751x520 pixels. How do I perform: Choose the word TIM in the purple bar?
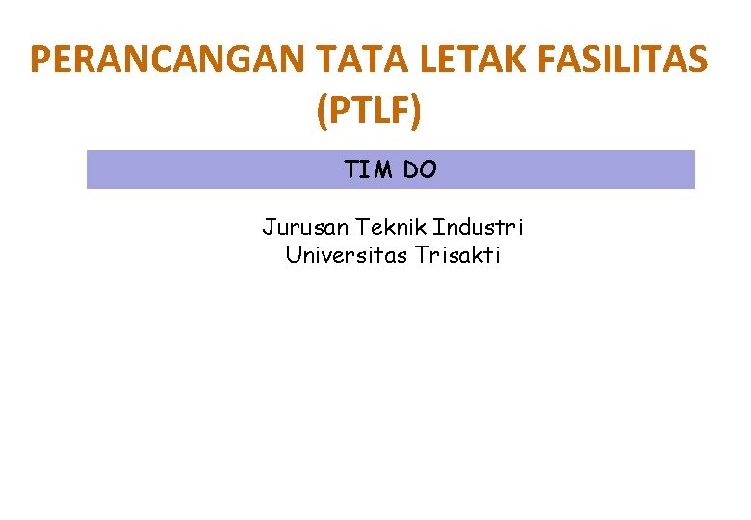368,170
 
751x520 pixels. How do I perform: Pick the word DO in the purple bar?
420,170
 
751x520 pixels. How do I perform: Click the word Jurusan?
305,228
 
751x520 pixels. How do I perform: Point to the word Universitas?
348,256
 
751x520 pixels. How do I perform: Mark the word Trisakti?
458,256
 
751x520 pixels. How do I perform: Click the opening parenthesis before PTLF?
322,114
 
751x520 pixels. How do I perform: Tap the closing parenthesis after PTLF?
416,114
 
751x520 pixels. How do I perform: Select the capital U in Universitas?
293,256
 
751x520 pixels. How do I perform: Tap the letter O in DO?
427,170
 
